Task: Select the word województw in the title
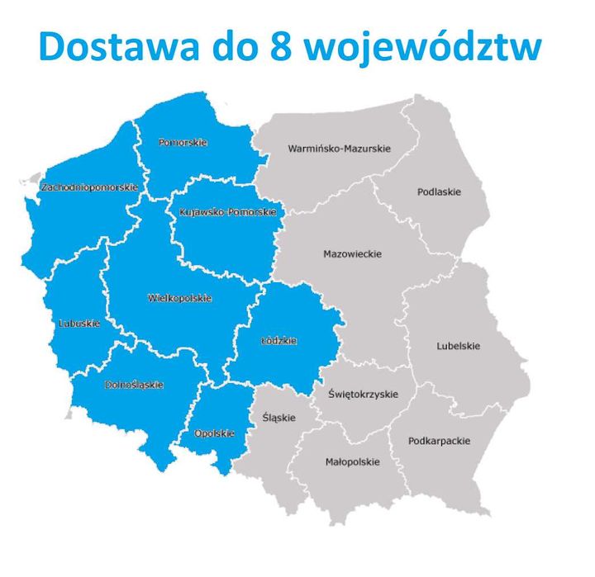tap(424, 48)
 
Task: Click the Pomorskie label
tap(183, 143)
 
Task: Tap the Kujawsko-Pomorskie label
tap(226, 212)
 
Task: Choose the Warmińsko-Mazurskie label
tap(339, 149)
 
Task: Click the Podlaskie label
tap(439, 192)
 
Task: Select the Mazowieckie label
tap(352, 254)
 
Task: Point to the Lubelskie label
tap(458, 346)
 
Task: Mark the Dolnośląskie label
tap(134, 385)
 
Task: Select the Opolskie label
tap(214, 433)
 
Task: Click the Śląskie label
tap(278, 418)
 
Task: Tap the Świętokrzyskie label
tap(363, 395)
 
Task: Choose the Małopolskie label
tap(352, 462)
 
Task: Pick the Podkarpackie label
tap(439, 441)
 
